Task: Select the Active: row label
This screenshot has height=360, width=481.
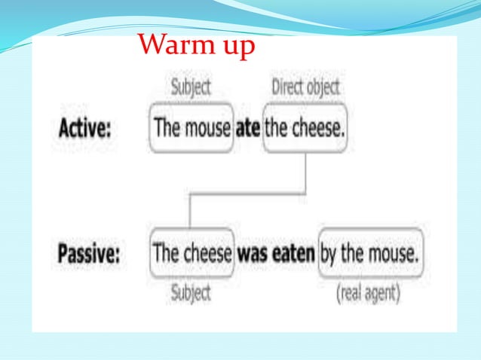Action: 84,128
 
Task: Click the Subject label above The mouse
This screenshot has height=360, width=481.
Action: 191,87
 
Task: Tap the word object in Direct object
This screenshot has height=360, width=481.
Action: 325,88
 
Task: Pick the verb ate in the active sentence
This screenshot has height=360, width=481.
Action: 248,128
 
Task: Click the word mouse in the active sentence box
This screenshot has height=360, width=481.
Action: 207,128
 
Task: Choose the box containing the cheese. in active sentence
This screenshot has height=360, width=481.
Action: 305,128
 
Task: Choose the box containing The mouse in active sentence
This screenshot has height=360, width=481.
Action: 191,128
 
